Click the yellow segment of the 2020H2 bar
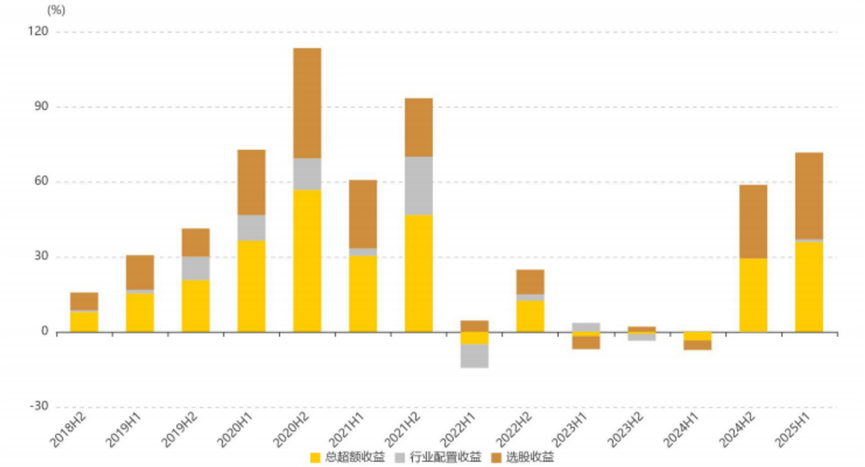tap(307, 261)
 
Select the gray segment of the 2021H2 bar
tap(418, 185)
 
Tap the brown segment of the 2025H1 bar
tap(809, 196)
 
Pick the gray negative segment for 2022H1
tap(474, 356)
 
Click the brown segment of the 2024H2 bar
tap(753, 221)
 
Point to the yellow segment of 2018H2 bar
tap(84, 321)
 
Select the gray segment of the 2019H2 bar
tap(196, 268)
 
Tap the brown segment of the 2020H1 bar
tap(251, 182)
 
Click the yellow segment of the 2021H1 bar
tap(363, 294)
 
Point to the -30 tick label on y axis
tap(37, 406)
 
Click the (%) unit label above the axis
tap(56, 10)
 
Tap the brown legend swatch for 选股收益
tap(496, 458)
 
